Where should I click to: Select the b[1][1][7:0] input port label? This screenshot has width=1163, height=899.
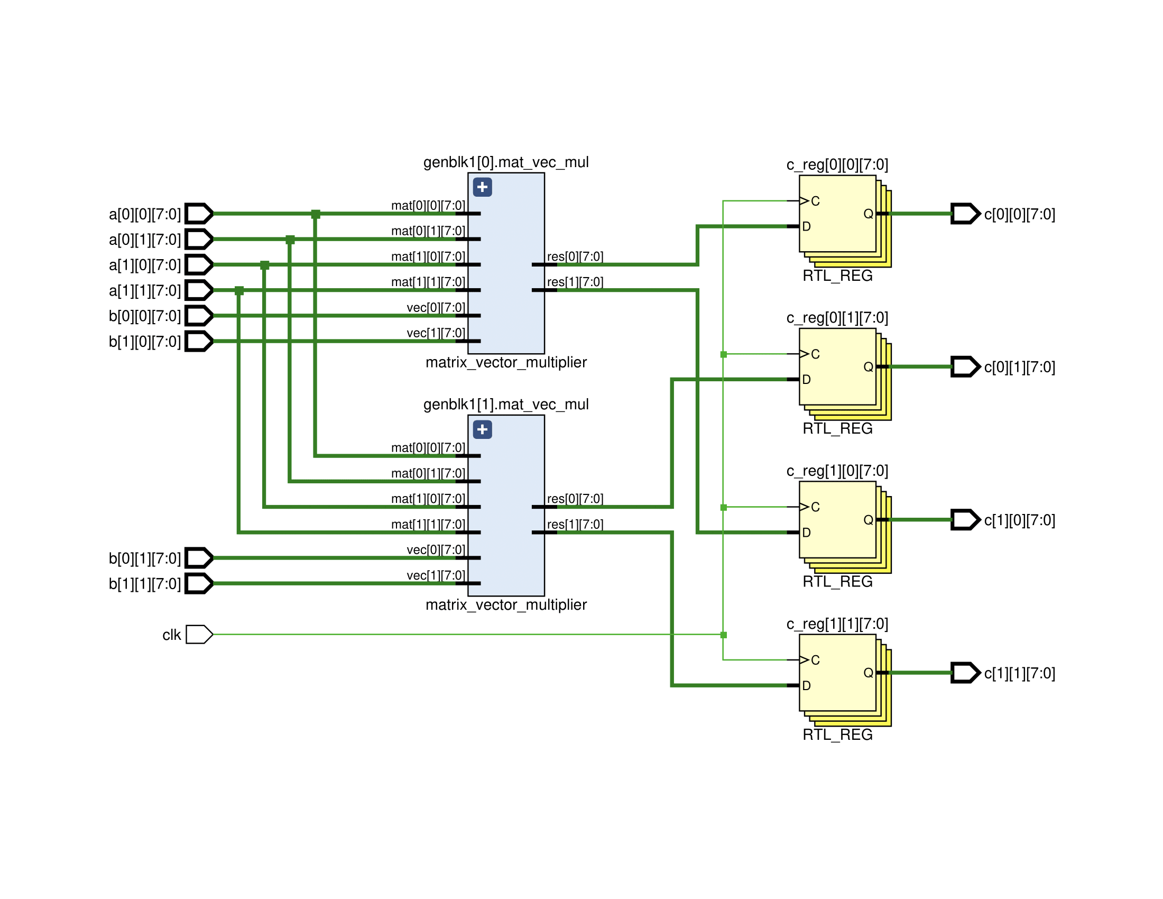pos(145,584)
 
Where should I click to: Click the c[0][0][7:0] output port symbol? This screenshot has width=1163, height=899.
pos(965,214)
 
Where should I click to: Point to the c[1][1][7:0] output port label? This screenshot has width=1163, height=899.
pos(1019,673)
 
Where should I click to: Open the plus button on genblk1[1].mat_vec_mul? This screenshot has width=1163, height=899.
pos(483,429)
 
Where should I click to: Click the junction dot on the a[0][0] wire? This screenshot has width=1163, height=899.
pos(316,214)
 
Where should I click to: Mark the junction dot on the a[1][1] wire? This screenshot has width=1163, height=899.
pos(239,291)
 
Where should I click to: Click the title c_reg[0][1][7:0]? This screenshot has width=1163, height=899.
pos(837,318)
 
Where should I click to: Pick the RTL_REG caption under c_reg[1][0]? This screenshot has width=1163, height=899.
pos(837,582)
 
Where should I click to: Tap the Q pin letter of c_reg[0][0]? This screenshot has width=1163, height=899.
pos(868,214)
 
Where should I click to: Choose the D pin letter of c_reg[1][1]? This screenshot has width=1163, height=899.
pos(806,685)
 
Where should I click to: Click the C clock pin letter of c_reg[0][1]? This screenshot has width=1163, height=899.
pos(815,354)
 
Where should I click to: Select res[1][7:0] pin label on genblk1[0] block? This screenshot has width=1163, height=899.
pos(575,282)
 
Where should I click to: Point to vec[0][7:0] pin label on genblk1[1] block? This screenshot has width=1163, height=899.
pos(436,549)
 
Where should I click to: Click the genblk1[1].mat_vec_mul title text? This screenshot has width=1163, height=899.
pos(506,404)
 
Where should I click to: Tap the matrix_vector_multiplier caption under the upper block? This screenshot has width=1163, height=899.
pos(506,362)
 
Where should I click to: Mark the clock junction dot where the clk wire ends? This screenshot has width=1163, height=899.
pos(723,635)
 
